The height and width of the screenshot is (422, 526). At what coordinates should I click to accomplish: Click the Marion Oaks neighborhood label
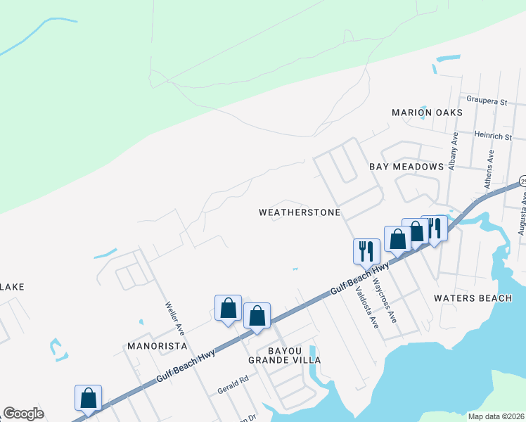(x=428, y=113)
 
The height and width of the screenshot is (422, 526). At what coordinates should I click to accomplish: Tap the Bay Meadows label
(x=406, y=167)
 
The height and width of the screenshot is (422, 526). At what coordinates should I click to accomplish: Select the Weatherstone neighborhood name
(x=300, y=212)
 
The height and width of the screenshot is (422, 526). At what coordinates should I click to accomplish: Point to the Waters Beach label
(x=473, y=298)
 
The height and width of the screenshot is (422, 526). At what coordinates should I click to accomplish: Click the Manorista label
(x=157, y=346)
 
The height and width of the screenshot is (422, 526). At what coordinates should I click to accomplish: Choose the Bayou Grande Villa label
(x=284, y=354)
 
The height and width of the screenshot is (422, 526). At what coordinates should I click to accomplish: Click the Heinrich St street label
(x=493, y=135)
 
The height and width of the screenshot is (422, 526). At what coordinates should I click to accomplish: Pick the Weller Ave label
(x=174, y=317)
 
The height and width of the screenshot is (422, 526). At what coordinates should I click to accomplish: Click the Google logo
(x=23, y=414)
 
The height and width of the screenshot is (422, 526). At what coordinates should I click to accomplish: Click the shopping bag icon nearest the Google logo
(x=89, y=397)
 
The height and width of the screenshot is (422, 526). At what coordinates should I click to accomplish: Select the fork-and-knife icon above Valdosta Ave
(x=366, y=250)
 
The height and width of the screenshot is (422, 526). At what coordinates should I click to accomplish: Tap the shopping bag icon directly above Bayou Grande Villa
(x=257, y=316)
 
